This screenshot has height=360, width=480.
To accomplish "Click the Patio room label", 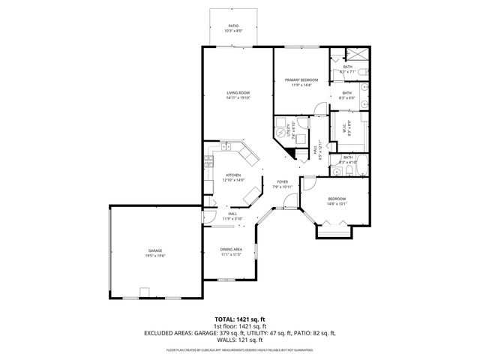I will (232, 25).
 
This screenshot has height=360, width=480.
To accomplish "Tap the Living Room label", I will (238, 93).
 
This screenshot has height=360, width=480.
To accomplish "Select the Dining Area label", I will (231, 250).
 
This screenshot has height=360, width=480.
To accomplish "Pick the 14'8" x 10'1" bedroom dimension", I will (336, 203).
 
